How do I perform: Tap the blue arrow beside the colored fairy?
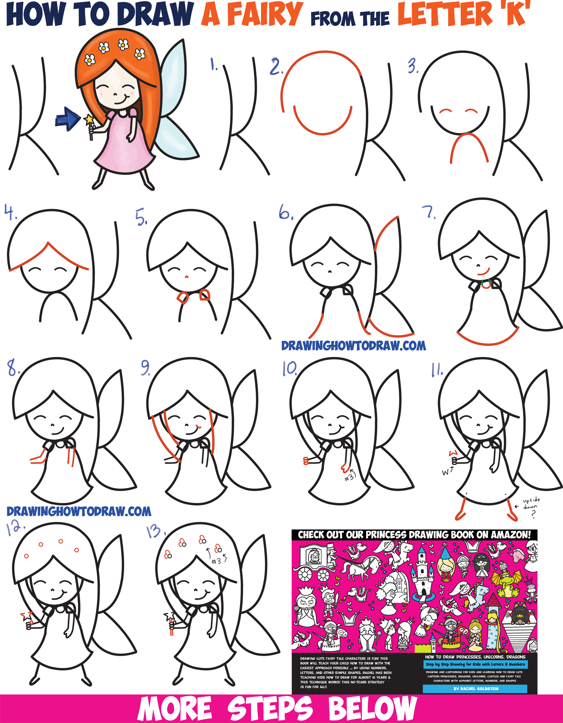tap(68, 119)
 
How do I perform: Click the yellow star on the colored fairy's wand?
tap(89, 119)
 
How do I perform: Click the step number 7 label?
tap(430, 213)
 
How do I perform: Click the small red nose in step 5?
tap(186, 276)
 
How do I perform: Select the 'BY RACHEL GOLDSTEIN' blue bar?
tap(475, 688)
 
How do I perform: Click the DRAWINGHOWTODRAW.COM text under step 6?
tap(353, 346)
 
